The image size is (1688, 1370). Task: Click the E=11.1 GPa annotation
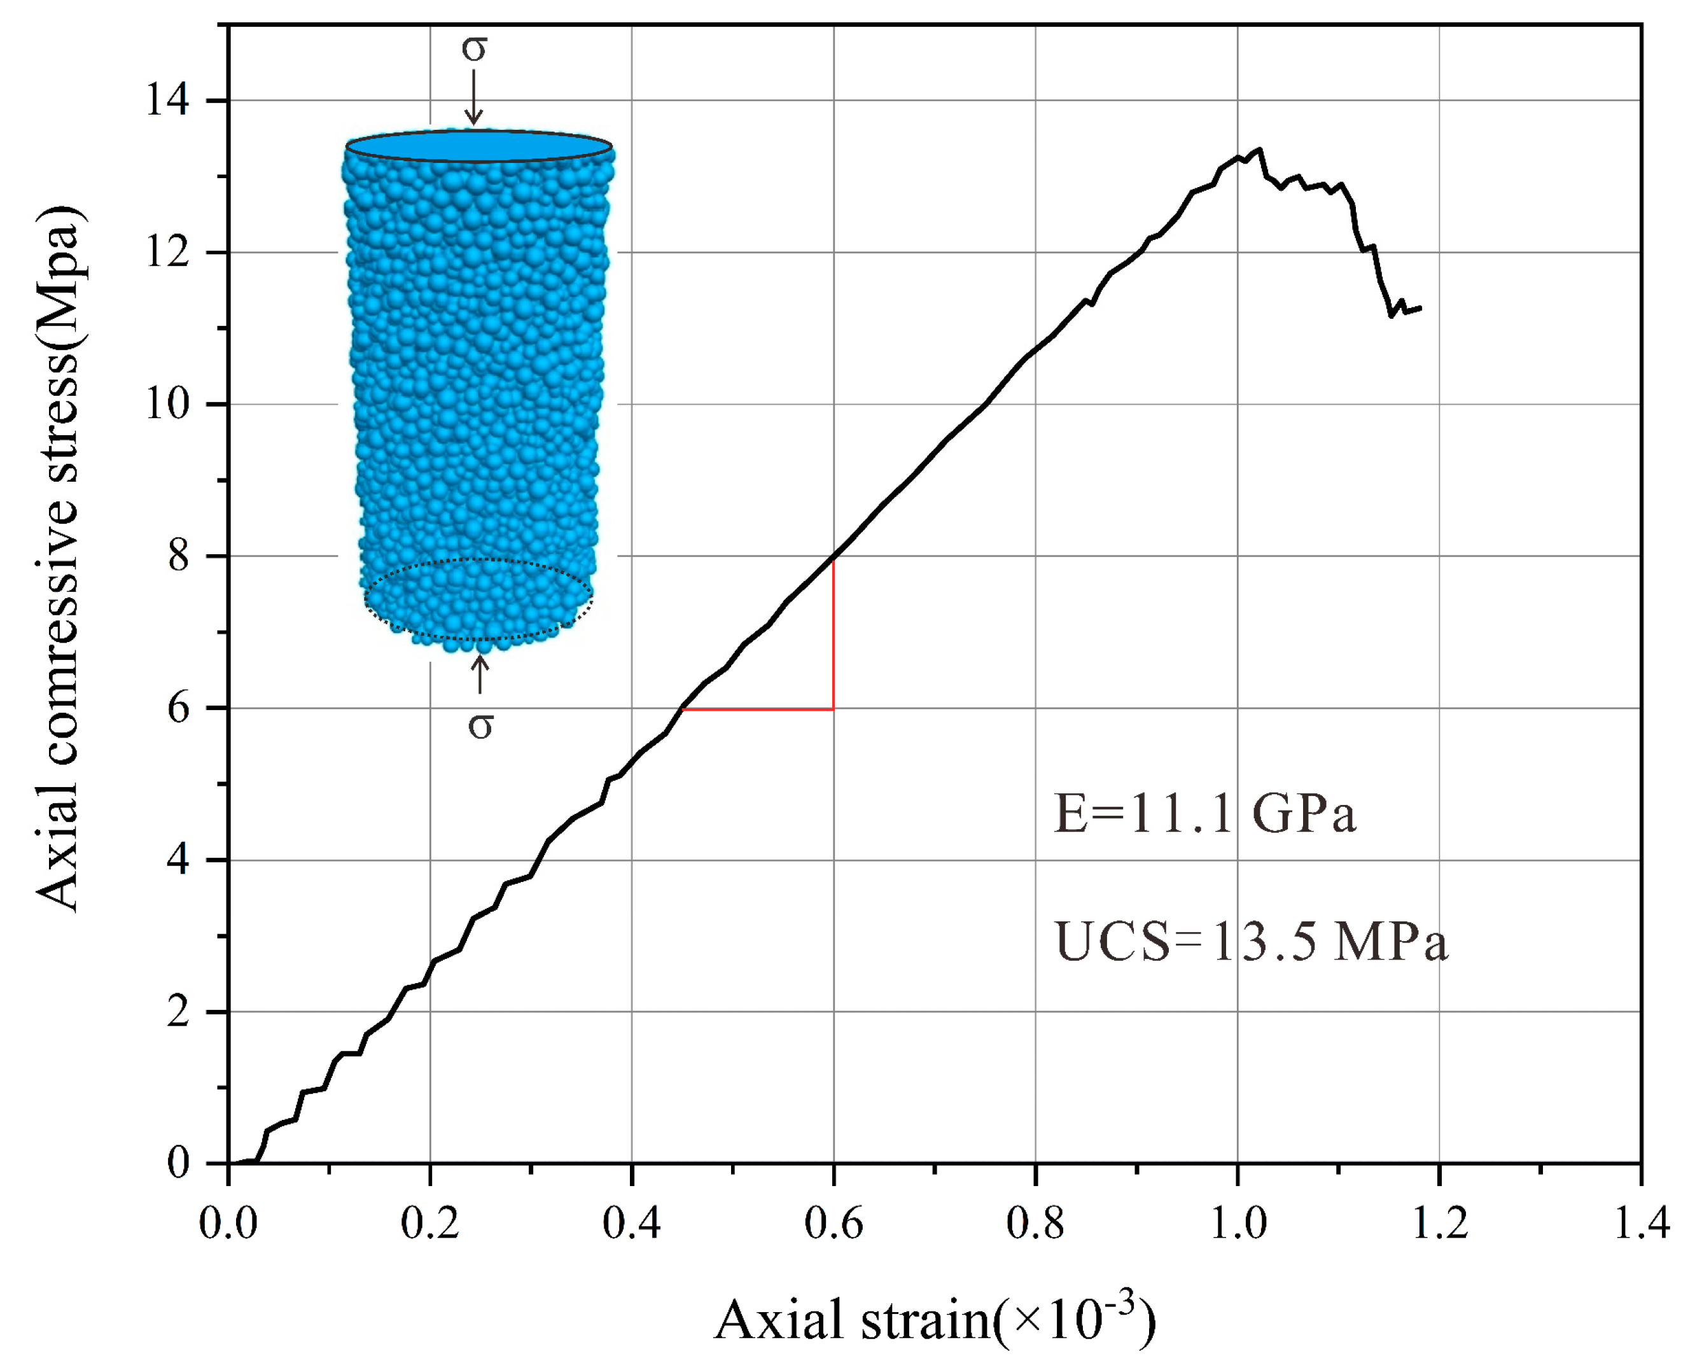click(x=1204, y=814)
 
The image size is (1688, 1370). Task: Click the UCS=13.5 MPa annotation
click(x=1252, y=942)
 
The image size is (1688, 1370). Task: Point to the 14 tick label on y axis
click(x=167, y=101)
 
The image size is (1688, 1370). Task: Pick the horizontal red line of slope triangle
click(x=758, y=709)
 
